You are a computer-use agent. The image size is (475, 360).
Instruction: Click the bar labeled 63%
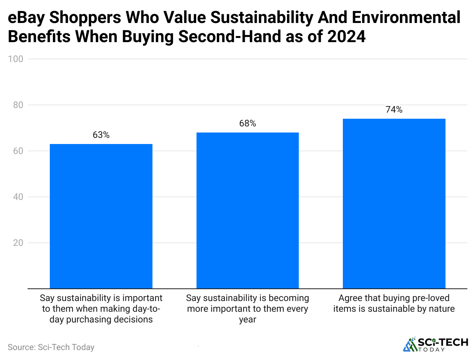tap(101, 216)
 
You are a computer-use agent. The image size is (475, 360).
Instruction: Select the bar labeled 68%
tap(247, 210)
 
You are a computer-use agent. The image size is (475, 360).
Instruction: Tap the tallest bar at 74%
tap(394, 203)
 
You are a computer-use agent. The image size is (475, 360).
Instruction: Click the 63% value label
tap(101, 135)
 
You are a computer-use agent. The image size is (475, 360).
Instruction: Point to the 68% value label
tap(247, 123)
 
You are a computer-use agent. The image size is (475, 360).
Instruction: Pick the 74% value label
tap(394, 110)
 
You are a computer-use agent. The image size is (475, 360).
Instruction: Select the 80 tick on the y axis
tap(18, 105)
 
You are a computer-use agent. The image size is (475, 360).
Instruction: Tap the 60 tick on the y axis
tap(18, 151)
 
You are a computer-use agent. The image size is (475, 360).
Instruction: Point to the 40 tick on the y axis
tap(18, 197)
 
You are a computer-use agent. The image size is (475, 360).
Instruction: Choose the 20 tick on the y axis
tap(18, 243)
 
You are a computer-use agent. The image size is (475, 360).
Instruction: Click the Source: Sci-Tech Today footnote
tap(51, 347)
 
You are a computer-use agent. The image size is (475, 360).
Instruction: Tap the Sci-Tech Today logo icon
tap(410, 344)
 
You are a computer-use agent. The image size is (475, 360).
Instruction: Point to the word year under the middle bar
tap(247, 319)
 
